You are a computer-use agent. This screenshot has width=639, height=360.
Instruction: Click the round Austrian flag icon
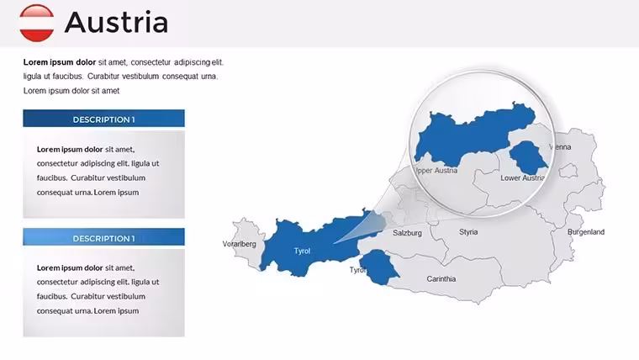[x=37, y=23]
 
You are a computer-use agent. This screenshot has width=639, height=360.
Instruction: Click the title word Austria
[x=116, y=22]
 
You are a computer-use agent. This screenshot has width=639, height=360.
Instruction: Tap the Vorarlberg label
[x=240, y=244]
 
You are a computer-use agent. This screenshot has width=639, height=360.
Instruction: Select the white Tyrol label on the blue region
[x=302, y=251]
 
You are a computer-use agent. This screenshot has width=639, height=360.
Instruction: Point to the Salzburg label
[x=407, y=233]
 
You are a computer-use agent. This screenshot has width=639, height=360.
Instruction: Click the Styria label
[x=468, y=231]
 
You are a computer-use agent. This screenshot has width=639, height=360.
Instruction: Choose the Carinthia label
[x=441, y=279]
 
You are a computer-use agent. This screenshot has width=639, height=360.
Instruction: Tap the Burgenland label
[x=586, y=231]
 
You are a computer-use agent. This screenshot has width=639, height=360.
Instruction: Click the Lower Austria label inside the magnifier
[x=522, y=177]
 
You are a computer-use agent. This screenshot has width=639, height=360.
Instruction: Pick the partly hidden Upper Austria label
[x=436, y=171]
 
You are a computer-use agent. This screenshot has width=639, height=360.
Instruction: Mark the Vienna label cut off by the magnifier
[x=560, y=146]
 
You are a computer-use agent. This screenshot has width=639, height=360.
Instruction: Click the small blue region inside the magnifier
[x=528, y=158]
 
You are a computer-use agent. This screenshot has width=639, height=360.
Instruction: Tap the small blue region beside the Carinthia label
[x=379, y=267]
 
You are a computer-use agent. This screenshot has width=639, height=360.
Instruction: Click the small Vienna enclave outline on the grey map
[x=568, y=170]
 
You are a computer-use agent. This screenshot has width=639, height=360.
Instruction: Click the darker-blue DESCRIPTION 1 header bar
[x=104, y=119]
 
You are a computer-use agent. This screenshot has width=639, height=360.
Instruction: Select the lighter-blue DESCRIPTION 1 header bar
[x=104, y=237]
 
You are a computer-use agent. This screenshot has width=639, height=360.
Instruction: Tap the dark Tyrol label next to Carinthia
[x=356, y=270]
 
